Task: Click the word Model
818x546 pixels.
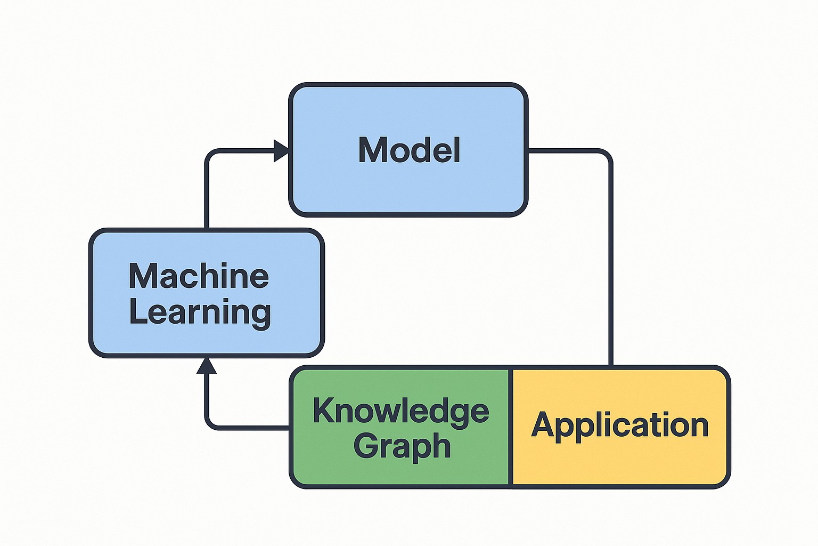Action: pos(409,150)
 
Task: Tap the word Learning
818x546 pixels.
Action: pos(200,312)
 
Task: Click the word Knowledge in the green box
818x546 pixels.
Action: pos(400,411)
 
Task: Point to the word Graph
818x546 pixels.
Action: pos(402,446)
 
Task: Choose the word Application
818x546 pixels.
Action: pos(620,425)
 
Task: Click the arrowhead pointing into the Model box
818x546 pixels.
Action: pos(281,151)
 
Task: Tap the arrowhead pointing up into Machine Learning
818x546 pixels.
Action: pos(207,366)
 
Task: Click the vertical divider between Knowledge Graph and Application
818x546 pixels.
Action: pos(511,427)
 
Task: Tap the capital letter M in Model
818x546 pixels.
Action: pos(371,150)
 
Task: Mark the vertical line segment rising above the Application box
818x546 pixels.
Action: pos(610,267)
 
